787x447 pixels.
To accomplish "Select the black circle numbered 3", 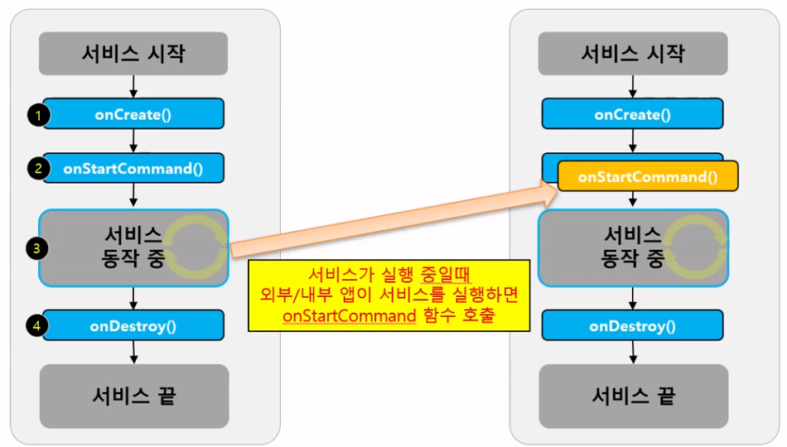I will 35,247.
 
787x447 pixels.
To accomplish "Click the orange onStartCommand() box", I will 647,177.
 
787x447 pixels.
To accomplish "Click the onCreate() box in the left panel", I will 133,114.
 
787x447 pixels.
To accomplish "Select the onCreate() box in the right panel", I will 633,114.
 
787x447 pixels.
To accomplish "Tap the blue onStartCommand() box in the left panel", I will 133,168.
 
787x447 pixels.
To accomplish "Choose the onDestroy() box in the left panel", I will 133,325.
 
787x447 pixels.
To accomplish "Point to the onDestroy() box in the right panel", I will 633,325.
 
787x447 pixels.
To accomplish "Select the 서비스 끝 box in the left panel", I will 133,396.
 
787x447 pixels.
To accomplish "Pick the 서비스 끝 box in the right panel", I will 633,396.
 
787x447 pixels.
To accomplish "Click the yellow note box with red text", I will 389,296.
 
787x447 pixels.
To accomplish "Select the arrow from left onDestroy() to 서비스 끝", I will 133,352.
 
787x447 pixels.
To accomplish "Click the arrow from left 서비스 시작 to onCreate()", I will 133,85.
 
